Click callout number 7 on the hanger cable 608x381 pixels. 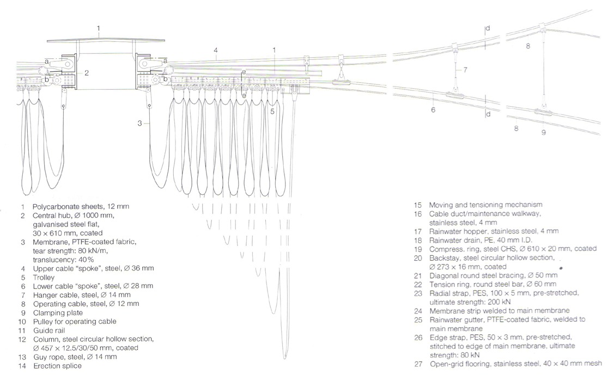point(465,70)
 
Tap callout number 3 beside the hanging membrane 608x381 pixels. point(139,124)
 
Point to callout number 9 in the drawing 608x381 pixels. point(543,132)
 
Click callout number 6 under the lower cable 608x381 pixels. point(433,110)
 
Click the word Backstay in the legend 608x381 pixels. point(443,257)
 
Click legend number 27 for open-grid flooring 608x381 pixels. point(418,364)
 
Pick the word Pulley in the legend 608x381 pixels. point(42,321)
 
